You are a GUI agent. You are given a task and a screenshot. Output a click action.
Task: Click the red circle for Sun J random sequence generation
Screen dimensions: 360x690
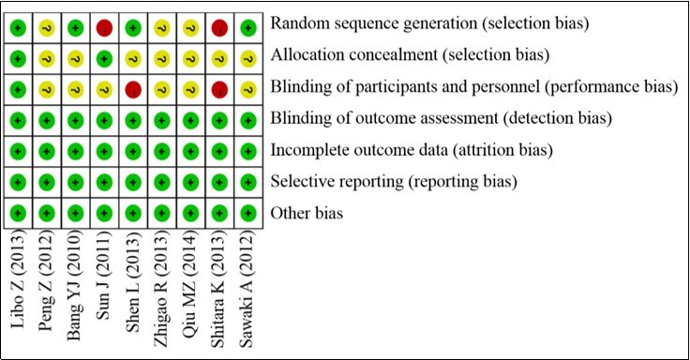103,29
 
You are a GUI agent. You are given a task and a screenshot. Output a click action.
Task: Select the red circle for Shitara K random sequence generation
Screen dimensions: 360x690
219,29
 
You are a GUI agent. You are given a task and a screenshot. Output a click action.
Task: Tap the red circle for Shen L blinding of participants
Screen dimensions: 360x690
132,90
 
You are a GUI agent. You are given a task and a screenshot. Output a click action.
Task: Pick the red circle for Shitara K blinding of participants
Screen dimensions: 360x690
219,90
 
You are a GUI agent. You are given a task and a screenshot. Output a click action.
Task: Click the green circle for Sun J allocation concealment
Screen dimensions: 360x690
103,59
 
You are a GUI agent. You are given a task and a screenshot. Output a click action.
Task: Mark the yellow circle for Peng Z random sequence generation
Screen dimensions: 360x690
45,29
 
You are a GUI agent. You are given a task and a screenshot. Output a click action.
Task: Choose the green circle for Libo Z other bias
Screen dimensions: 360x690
17,213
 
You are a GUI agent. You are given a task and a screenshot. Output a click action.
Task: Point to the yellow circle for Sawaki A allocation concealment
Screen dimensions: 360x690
247,59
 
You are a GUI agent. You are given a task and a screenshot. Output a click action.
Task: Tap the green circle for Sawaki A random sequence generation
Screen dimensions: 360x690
247,29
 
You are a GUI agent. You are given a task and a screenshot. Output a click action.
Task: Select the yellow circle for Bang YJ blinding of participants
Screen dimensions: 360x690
74,90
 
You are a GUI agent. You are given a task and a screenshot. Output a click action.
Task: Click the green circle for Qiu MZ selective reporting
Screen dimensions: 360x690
190,182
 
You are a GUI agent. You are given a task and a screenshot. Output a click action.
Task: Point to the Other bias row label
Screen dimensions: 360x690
307,214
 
